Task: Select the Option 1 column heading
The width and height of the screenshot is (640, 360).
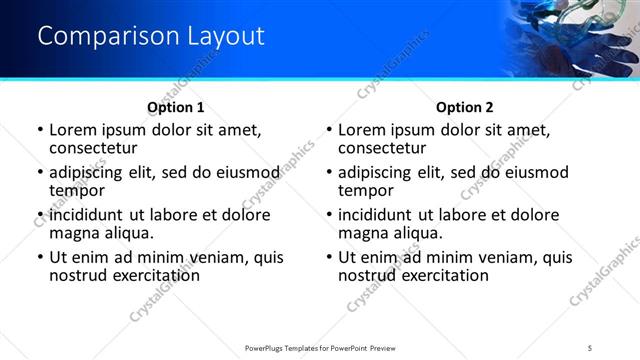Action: click(x=176, y=107)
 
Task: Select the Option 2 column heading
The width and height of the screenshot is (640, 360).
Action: click(x=464, y=107)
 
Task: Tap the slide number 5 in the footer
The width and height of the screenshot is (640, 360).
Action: click(x=590, y=348)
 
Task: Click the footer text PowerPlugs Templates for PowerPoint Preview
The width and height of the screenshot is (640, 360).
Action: click(x=320, y=348)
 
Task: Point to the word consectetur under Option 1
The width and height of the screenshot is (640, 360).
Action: click(x=98, y=148)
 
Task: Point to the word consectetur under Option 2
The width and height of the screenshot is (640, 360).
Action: click(x=387, y=148)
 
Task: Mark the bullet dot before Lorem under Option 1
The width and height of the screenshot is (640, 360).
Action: click(x=40, y=130)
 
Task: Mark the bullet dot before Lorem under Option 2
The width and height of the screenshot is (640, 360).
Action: click(x=329, y=130)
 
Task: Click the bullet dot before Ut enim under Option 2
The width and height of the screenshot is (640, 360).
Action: click(x=329, y=257)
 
